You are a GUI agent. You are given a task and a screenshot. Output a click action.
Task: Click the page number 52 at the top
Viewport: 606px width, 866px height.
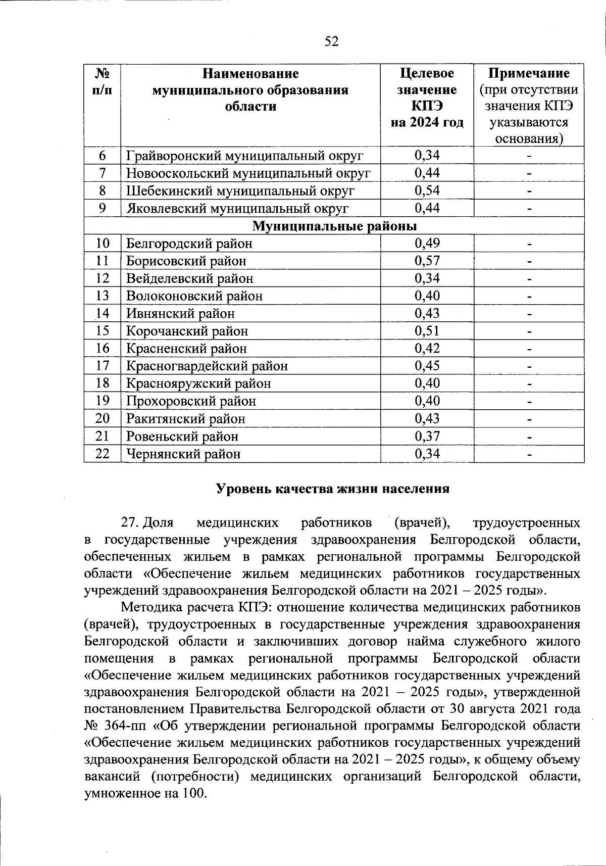coord(331,42)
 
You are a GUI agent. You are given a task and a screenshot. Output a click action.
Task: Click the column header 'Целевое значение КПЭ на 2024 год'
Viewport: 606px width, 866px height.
coord(427,98)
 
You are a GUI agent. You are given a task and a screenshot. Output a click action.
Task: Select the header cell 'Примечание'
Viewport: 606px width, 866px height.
coord(529,74)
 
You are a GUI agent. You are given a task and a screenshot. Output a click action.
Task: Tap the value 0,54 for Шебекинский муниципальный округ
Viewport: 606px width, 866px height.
coord(427,190)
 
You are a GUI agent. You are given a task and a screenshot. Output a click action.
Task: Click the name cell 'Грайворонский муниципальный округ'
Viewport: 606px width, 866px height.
coord(244,156)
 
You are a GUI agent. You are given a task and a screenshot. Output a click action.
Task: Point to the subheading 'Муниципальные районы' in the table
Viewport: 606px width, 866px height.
coord(334,225)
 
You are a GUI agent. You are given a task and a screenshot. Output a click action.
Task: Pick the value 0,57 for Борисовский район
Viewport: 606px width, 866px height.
coord(427,261)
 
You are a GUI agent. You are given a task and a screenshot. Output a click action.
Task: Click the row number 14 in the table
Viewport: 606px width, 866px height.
coord(103,313)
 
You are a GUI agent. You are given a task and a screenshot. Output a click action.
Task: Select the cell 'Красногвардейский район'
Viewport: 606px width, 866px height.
coord(207,366)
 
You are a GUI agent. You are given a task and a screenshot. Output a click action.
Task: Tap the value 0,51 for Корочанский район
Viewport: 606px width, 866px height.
coord(427,331)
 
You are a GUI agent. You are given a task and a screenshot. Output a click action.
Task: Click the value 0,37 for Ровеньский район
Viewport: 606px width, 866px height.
coord(427,436)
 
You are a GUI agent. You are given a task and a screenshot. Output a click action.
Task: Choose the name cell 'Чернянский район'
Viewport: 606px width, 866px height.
coord(183,454)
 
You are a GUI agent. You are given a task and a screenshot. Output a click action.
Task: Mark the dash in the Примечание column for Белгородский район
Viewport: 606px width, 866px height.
coord(529,244)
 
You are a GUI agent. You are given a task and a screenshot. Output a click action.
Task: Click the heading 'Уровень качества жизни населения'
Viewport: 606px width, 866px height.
coord(332,489)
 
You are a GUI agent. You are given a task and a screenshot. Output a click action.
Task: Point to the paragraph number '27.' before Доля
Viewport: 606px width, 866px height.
coord(129,522)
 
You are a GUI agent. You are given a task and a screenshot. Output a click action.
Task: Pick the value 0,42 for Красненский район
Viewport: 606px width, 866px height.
coord(427,348)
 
